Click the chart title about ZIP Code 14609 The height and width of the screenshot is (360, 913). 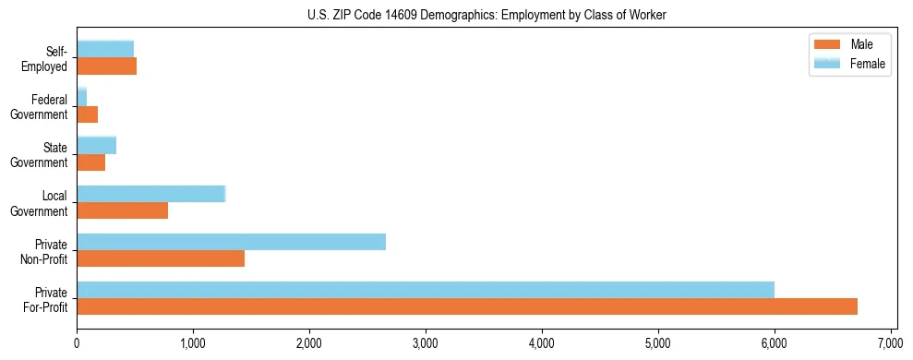[x=486, y=16]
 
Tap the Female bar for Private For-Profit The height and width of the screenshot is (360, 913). [x=425, y=290]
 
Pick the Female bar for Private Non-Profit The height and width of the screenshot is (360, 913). [x=231, y=242]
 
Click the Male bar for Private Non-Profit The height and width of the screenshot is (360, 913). [x=161, y=258]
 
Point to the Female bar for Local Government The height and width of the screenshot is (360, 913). [x=150, y=194]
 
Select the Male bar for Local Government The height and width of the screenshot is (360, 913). [x=122, y=210]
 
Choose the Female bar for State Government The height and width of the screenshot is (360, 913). [x=96, y=145]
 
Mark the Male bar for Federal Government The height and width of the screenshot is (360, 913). [x=87, y=114]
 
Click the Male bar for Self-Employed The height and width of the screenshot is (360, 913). [x=106, y=66]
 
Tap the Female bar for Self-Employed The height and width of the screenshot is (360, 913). [x=105, y=49]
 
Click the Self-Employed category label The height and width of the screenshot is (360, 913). [x=49, y=58]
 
